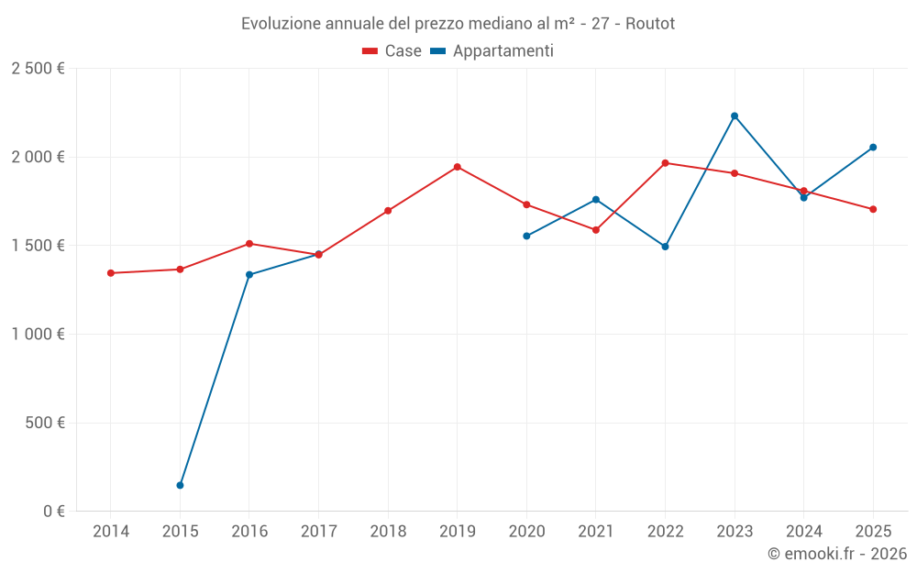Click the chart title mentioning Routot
[458, 23]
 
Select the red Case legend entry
[392, 51]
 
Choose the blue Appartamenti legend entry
[492, 51]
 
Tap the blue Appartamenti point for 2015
[180, 485]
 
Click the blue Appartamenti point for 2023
[735, 116]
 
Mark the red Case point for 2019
[457, 167]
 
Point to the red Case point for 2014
[111, 273]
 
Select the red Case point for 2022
[665, 163]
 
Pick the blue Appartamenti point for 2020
[526, 236]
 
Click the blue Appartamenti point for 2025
[873, 147]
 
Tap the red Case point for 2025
[873, 209]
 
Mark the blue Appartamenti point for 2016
[249, 274]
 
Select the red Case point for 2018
[388, 211]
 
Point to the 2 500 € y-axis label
[38, 69]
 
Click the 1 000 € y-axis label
[38, 335]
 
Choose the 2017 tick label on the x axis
[318, 532]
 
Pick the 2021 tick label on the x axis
[595, 532]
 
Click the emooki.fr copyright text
[836, 554]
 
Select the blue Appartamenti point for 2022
[665, 247]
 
